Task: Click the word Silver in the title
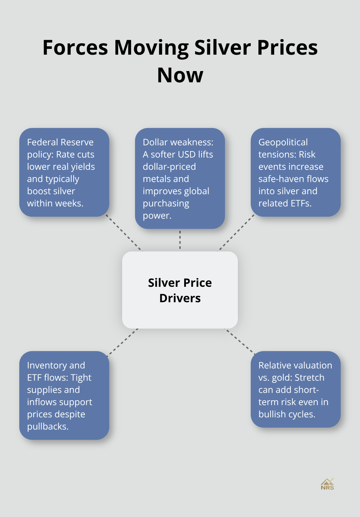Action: point(222,48)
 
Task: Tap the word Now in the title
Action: point(180,75)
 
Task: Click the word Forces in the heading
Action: point(75,48)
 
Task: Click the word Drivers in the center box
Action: point(180,298)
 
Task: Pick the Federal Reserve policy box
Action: point(64,172)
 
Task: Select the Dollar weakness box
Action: point(180,178)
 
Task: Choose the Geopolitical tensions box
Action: point(295,172)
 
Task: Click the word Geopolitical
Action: point(283,142)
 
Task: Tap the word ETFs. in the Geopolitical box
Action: point(301,203)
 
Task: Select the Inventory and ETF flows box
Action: point(64,395)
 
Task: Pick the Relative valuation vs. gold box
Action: point(295,389)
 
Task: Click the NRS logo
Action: point(327,484)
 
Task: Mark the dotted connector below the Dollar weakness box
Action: point(180,240)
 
